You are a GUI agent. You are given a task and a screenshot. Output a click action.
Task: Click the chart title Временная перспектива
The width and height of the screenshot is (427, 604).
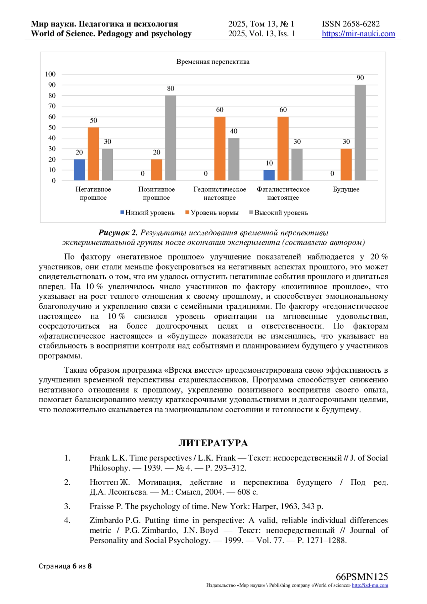point(213,62)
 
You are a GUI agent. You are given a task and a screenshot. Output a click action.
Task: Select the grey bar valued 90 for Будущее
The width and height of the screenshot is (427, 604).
point(360,132)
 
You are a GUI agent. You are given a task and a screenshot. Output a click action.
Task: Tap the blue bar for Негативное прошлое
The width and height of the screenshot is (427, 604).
point(79,170)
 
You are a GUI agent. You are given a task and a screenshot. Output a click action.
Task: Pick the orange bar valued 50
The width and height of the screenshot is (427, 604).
point(93,154)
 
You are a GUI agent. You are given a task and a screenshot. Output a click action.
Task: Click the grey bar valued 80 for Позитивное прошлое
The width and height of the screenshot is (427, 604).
point(170,138)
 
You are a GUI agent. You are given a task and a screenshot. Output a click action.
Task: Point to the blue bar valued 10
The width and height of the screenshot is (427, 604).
point(269,175)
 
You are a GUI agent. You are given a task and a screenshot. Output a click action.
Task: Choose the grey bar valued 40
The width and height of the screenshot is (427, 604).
point(234,159)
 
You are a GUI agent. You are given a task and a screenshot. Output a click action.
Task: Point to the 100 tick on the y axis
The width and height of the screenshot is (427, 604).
point(50,74)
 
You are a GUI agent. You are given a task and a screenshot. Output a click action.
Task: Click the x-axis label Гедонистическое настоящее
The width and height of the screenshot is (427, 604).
point(220,193)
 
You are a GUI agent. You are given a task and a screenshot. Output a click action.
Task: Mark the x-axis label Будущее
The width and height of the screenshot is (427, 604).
point(346,189)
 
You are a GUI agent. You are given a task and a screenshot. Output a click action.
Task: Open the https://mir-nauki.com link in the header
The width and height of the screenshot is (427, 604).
point(358,34)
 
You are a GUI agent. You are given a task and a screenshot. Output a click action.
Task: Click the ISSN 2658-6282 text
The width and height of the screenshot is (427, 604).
point(351,24)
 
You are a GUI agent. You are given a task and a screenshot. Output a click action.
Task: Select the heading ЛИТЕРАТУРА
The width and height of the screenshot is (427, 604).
point(213,443)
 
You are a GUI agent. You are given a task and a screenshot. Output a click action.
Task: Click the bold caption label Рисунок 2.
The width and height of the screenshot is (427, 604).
point(118,233)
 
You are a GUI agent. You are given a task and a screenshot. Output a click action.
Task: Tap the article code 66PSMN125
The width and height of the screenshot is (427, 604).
point(362,577)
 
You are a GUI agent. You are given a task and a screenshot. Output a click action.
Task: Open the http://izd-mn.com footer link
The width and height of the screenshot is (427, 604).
point(370,585)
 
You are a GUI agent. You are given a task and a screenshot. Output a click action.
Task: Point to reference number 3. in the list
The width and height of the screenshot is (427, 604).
point(67,506)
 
